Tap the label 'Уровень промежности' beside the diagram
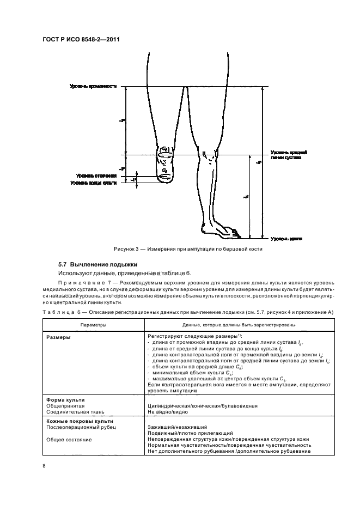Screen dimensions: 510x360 pyautogui.click(x=93, y=87)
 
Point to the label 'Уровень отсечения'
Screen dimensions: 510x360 pyautogui.click(x=97, y=176)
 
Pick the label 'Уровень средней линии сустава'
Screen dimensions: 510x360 pyautogui.click(x=288, y=155)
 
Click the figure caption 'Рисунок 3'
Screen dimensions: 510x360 pyautogui.click(x=188, y=249)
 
